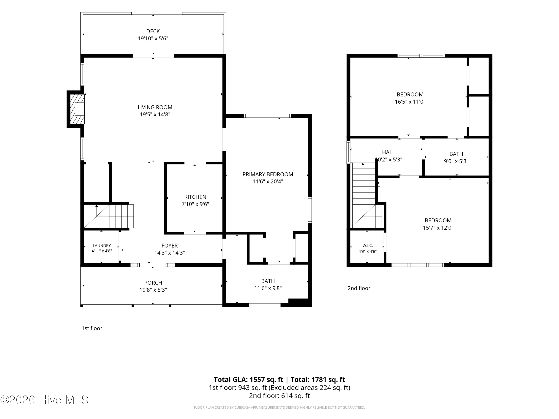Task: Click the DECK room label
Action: [153, 31]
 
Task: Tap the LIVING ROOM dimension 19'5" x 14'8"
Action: [155, 114]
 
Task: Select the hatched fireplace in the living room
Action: [77, 109]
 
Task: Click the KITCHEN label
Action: [195, 197]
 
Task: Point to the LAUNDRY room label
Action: [102, 245]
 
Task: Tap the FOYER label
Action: [170, 245]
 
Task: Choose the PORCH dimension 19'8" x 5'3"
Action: [153, 290]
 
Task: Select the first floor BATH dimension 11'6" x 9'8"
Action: [268, 288]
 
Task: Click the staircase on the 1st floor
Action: [109, 216]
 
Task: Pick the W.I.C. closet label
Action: [367, 245]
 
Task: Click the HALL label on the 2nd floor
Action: [389, 152]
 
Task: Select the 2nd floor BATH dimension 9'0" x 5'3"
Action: [456, 161]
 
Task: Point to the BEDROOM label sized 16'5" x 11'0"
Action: [410, 94]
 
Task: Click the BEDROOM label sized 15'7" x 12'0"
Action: [438, 220]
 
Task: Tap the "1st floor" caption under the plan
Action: [92, 328]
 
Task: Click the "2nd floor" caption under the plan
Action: [359, 288]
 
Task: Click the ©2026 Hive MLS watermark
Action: [45, 400]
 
